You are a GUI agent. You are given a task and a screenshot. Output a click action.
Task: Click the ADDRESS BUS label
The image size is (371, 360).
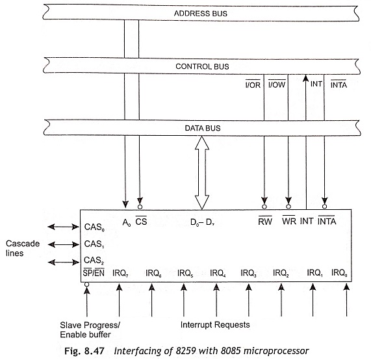201,14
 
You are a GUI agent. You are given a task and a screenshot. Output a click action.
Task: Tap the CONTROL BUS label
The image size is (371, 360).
202,66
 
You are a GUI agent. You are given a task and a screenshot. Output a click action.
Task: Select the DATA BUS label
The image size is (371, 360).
203,128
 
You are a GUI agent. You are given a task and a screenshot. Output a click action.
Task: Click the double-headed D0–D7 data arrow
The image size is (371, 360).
202,173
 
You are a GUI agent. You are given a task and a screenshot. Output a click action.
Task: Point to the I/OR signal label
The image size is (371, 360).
253,84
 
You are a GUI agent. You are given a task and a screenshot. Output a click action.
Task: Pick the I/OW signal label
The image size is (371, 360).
277,84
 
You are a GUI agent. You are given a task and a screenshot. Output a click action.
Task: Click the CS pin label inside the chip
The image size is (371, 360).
141,221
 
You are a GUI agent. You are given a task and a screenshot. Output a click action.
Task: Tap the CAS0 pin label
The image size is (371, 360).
94,227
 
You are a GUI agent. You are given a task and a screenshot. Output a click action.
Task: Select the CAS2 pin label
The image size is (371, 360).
94,261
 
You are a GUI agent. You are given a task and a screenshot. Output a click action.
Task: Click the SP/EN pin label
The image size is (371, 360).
94,273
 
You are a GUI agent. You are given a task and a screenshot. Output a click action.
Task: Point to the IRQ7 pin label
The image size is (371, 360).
120,273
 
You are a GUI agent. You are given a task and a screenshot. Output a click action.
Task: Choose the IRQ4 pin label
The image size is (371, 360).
218,273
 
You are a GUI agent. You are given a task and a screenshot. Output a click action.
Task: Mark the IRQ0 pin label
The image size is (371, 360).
339,273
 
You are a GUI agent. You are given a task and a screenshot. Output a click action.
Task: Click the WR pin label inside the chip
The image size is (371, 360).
289,221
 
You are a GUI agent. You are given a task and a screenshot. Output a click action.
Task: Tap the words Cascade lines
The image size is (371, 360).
23,248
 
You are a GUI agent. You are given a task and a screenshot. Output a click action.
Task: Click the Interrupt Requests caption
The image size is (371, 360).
215,324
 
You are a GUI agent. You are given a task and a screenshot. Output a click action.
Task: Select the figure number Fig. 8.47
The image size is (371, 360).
84,351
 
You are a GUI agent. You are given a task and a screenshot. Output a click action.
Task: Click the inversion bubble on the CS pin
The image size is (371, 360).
140,207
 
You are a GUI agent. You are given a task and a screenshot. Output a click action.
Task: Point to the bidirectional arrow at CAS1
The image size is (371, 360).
64,244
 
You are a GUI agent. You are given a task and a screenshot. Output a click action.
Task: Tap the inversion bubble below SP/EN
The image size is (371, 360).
87,284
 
